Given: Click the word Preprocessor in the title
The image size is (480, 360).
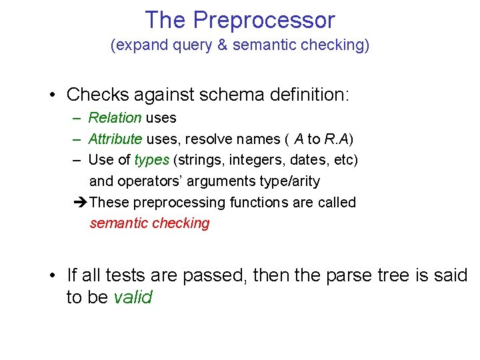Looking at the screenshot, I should point(264,20).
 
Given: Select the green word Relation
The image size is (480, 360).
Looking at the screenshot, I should point(115,118).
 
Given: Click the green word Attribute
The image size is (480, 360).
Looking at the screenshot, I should point(115,139).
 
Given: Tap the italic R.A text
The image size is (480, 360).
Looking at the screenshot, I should point(338,139).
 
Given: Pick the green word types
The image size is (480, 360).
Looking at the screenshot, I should point(152,161).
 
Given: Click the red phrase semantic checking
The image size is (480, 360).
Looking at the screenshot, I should point(149,223).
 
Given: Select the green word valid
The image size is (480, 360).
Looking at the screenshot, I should point(133,297).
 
